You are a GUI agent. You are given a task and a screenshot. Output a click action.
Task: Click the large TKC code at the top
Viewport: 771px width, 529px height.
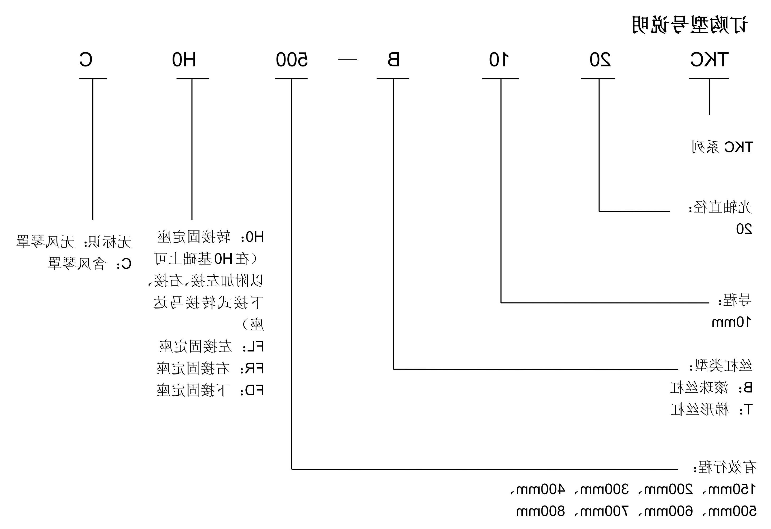(x=709, y=60)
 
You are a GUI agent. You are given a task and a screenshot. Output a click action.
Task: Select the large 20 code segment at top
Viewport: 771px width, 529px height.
(x=600, y=60)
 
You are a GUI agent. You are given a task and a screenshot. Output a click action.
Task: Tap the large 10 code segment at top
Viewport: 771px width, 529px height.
(x=499, y=60)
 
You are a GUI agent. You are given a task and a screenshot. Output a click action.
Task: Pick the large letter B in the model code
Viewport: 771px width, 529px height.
(x=393, y=60)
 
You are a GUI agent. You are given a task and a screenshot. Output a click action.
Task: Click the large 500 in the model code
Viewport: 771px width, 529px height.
(x=292, y=60)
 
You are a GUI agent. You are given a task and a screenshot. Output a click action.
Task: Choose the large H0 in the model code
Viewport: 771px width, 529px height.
(x=184, y=60)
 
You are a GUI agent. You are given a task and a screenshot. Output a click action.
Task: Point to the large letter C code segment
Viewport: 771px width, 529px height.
(x=85, y=60)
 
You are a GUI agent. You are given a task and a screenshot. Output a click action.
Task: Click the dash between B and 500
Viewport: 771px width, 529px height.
(x=347, y=60)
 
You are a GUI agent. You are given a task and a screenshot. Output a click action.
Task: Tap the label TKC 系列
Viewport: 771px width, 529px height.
(x=722, y=147)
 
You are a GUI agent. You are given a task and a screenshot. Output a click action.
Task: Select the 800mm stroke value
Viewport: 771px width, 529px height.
(x=540, y=511)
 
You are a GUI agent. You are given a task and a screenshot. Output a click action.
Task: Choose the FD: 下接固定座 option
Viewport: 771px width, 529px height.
(x=210, y=390)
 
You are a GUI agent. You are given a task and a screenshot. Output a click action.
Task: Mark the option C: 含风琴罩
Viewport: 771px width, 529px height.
(x=89, y=264)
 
